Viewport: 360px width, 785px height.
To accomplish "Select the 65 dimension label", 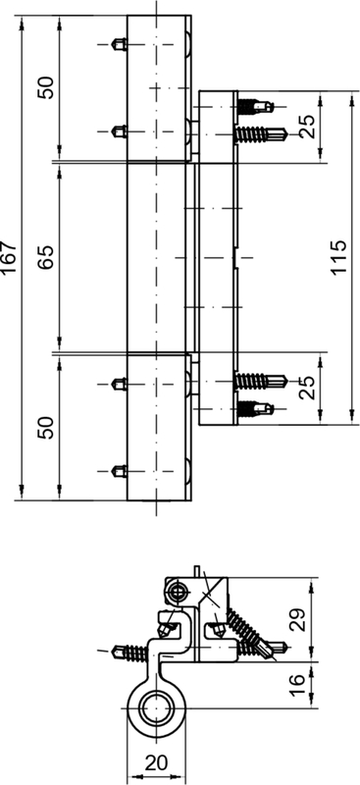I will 46,257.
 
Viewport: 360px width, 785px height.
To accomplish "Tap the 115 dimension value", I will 339,258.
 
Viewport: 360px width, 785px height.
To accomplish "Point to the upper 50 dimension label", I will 46,87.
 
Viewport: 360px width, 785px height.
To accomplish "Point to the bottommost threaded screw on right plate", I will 258,403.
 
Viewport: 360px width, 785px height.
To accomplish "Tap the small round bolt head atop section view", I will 178,589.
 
